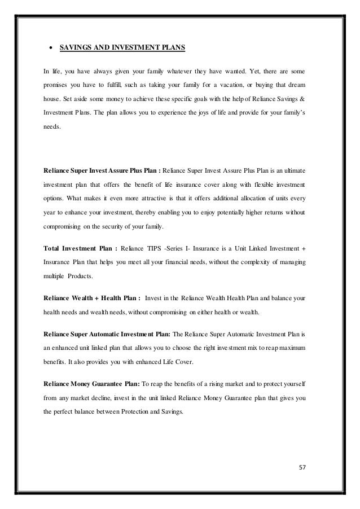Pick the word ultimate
click(296, 169)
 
